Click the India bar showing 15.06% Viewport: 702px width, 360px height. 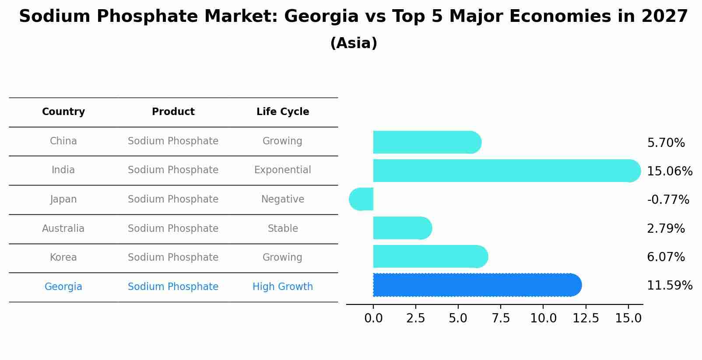(503, 171)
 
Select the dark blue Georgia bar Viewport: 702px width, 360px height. (475, 285)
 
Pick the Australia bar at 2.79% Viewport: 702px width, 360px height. (400, 228)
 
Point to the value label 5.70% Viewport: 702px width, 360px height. (666, 143)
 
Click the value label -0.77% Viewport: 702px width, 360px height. (668, 200)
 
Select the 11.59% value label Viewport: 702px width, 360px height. (670, 286)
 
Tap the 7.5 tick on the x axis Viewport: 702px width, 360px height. (501, 318)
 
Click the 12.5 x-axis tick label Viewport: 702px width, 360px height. (586, 318)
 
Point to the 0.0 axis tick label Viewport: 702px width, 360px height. (373, 318)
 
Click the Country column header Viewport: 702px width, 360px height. (63, 112)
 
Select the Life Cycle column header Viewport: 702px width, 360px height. (283, 112)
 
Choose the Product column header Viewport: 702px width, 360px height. (173, 112)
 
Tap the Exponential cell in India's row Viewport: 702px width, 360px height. (283, 170)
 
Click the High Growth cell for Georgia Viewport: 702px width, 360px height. (283, 287)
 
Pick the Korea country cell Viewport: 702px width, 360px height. (63, 258)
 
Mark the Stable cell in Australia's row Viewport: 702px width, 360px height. (283, 229)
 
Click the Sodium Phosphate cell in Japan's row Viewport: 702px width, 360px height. (173, 199)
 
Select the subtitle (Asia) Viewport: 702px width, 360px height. (354, 43)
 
